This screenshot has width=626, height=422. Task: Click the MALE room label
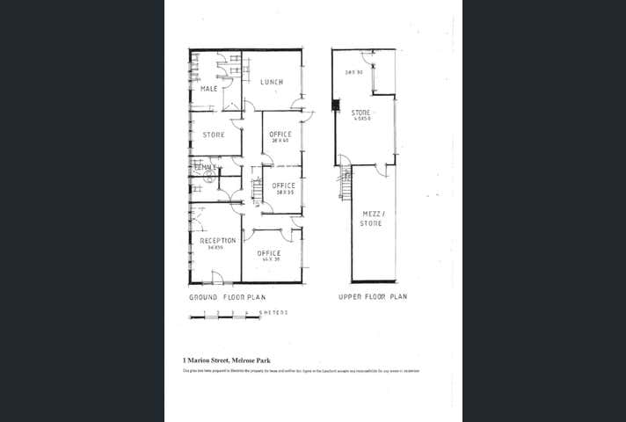pos(209,90)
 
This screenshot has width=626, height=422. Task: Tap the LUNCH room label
pos(272,83)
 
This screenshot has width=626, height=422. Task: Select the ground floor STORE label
pos(214,135)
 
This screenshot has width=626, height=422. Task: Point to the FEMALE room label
pos(206,167)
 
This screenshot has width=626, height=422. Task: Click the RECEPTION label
pos(217,240)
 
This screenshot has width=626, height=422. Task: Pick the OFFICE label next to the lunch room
pos(280,135)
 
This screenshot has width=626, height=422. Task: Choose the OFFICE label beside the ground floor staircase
pos(284,186)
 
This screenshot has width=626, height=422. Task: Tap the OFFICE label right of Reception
pos(269,253)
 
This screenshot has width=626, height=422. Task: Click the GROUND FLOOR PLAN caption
pos(228,297)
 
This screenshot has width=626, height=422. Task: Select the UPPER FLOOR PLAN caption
pos(373,297)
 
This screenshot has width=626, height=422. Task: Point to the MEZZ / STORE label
pos(372,218)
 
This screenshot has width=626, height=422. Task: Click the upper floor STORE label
pos(361,113)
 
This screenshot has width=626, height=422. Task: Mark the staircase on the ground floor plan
pos(257,189)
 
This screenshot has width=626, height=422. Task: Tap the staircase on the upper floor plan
pos(346,182)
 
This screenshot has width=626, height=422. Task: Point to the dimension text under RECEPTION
pos(216,248)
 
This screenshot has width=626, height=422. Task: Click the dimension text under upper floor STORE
pos(361,120)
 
